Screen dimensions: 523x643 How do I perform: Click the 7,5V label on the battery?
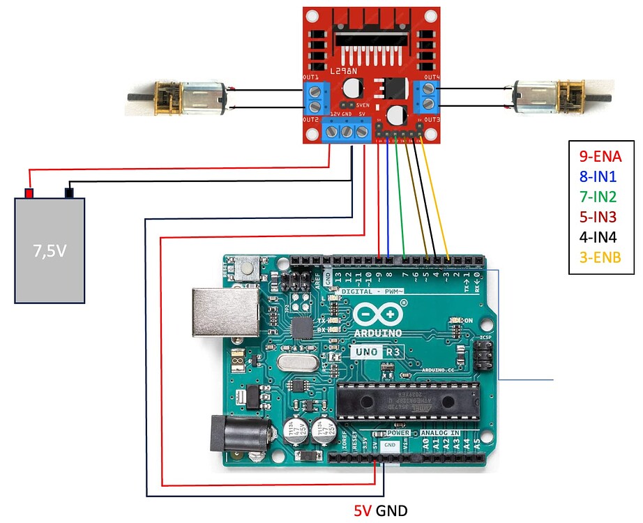[50, 250]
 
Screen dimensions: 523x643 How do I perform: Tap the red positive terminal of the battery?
[29, 193]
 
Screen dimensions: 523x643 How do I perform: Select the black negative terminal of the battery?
[69, 192]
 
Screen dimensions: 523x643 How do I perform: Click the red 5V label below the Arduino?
[363, 511]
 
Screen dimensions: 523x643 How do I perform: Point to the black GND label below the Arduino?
[391, 511]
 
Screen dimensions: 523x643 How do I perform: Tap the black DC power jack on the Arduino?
[240, 437]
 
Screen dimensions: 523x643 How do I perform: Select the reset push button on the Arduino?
[245, 266]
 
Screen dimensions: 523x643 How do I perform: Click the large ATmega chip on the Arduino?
[408, 400]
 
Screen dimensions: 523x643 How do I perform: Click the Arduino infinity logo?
[379, 315]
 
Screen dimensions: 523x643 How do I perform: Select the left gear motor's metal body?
[203, 98]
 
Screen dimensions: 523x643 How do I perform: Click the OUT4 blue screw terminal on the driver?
[427, 97]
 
